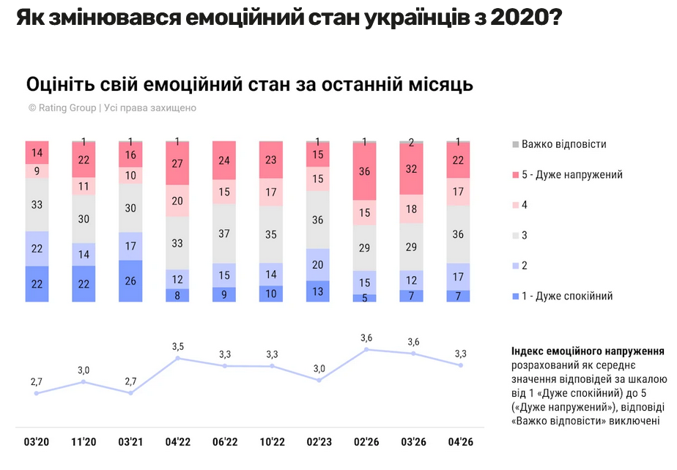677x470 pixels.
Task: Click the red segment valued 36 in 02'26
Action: (364, 171)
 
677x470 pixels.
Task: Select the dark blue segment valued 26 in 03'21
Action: (130, 280)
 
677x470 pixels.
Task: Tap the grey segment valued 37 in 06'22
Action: (224, 234)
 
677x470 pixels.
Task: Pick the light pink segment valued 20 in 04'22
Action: (177, 201)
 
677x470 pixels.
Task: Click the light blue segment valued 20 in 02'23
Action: (317, 264)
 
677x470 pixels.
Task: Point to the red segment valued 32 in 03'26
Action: (411, 168)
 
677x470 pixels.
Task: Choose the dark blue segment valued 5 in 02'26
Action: (364, 298)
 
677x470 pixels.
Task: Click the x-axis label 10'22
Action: (271, 442)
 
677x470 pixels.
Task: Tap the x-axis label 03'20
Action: (36, 442)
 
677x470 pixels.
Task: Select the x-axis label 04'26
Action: (459, 442)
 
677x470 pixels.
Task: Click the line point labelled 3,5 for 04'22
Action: (177, 358)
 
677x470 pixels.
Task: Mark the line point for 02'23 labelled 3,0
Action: (318, 380)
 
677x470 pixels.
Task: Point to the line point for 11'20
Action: (84, 381)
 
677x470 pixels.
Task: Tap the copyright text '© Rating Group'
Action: (62, 108)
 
